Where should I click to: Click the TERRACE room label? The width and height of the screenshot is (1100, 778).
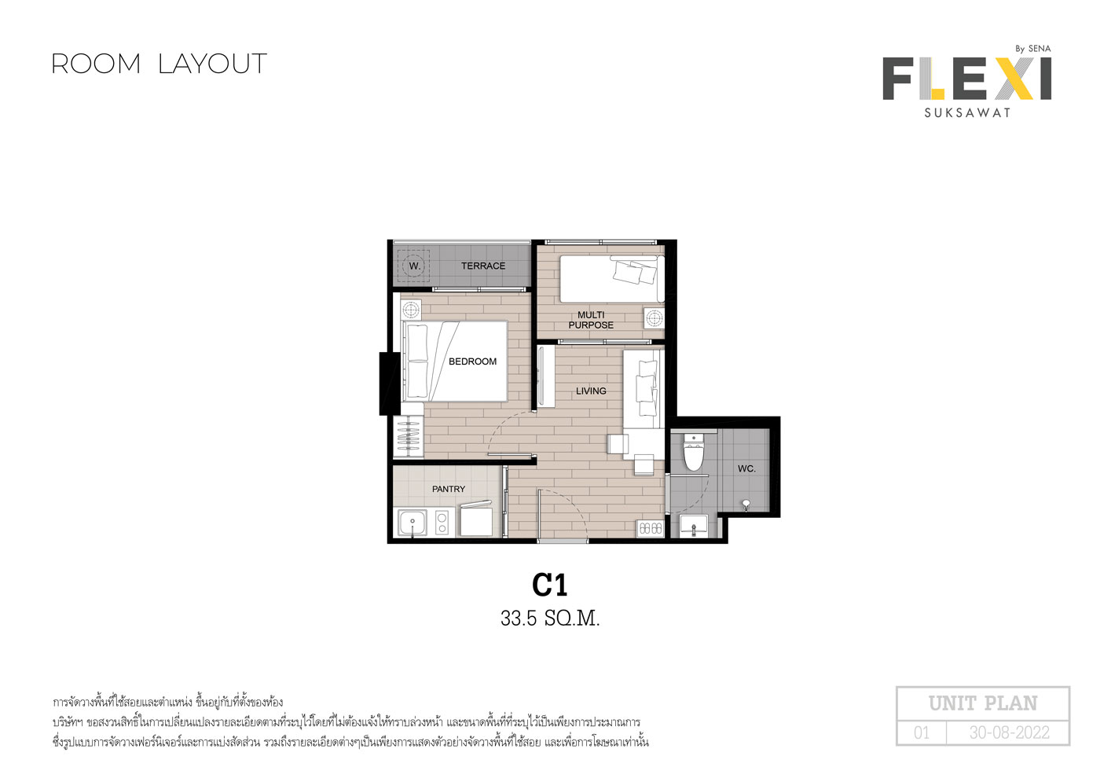pos(482,266)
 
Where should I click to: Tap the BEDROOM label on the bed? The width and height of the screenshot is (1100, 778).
pos(472,361)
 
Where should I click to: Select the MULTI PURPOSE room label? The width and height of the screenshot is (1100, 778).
pos(591,320)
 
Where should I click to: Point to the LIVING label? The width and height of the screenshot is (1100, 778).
pos(591,391)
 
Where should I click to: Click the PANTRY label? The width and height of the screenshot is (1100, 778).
pos(449,489)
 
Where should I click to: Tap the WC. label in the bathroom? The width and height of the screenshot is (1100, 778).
pos(746,468)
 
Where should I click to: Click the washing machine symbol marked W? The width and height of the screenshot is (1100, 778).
pos(413,266)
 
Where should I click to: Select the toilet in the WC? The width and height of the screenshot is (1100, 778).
pos(694,451)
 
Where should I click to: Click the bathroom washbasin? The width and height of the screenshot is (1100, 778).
pos(693,526)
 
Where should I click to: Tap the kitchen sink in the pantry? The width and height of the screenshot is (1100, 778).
pos(412,523)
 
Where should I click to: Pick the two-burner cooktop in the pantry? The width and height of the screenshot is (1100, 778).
pos(442,523)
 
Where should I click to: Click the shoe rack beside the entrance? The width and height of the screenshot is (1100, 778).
pos(651,528)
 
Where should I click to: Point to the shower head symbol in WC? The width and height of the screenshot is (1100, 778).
pos(746,505)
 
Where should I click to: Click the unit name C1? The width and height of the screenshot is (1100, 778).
pos(549,585)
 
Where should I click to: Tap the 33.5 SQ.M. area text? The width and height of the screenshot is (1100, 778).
pos(550,618)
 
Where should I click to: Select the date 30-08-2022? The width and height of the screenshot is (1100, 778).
pos(1009,733)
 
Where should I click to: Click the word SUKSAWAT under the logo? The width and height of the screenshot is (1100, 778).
pos(967,113)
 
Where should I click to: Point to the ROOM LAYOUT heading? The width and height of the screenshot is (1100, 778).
pos(159,64)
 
